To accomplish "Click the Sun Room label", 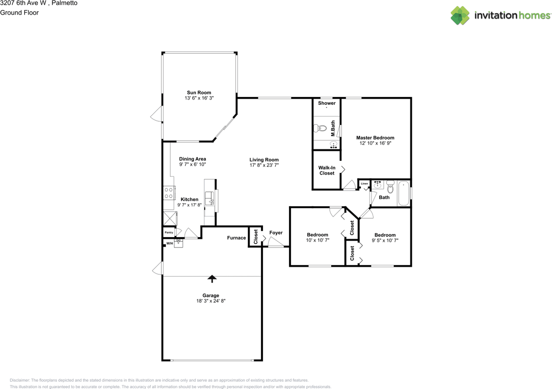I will click(199, 93).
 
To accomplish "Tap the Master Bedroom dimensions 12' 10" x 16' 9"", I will click(375, 143).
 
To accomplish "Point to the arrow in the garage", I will click(211, 279).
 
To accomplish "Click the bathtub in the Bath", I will click(404, 194).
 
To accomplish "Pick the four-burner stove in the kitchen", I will click(169, 193).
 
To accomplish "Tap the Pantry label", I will click(169, 233).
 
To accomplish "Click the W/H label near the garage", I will click(169, 244).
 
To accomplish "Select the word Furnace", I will click(236, 238).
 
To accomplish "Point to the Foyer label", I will click(276, 233).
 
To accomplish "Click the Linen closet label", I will click(364, 184).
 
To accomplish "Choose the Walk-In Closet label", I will click(327, 170).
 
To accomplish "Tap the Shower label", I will click(326, 103).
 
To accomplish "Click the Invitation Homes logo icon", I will click(460, 16).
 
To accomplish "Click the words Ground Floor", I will click(19, 13).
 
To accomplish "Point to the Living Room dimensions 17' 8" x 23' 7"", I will click(264, 165).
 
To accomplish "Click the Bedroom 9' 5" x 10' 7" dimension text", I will click(385, 241).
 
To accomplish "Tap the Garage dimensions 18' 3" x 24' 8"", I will click(211, 301).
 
